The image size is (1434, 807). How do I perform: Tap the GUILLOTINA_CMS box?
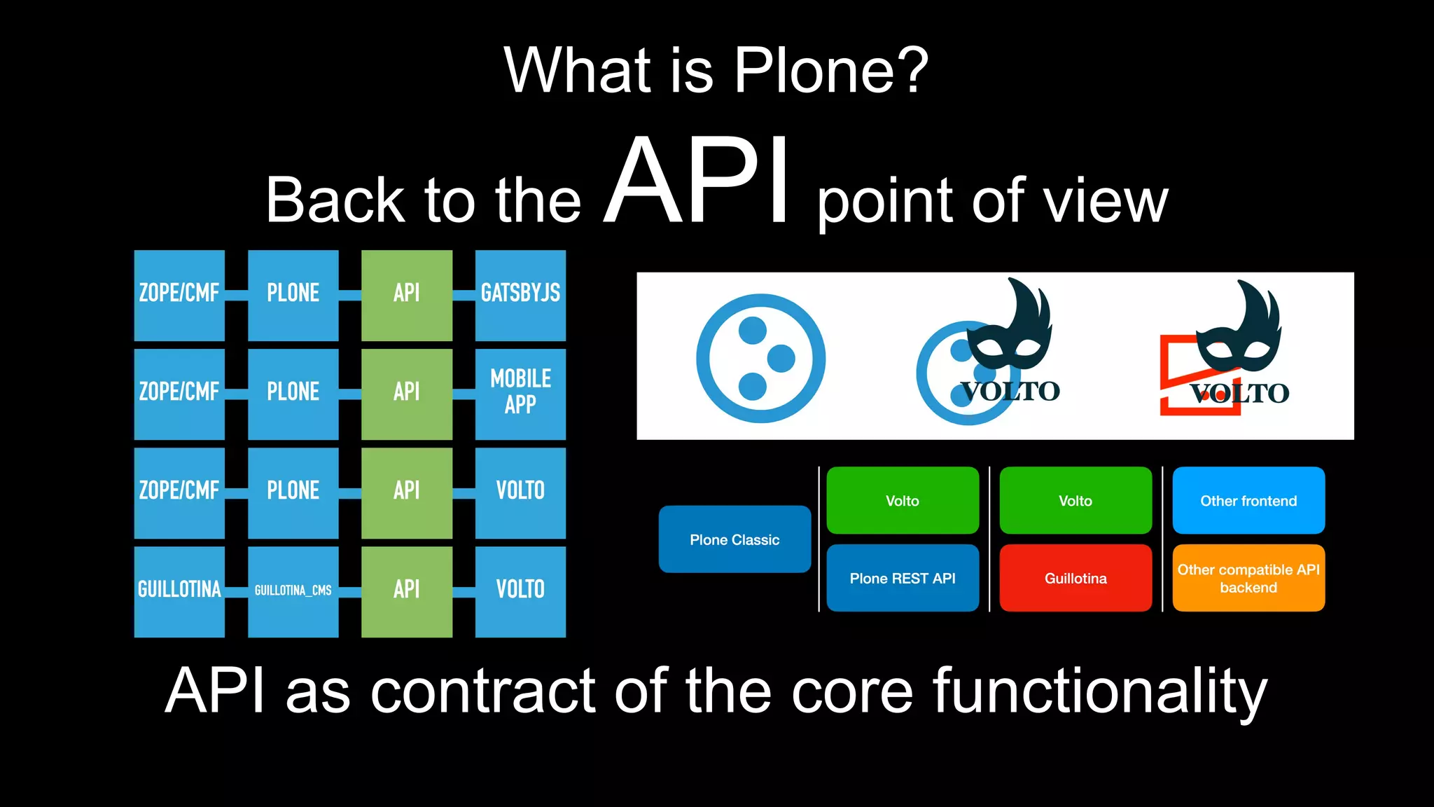tap(293, 591)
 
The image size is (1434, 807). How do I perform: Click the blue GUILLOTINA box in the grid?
tap(179, 591)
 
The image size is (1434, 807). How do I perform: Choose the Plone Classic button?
tap(735, 539)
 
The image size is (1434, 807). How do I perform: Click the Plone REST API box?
tap(903, 578)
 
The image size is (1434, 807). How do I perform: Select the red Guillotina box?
tap(1075, 578)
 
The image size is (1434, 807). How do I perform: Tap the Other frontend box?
tap(1248, 500)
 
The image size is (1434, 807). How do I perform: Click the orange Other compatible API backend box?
tap(1248, 578)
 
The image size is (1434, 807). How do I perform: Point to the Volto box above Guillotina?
tap(1075, 500)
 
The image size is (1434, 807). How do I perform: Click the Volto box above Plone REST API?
tap(903, 500)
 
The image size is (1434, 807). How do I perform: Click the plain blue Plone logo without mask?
tap(760, 358)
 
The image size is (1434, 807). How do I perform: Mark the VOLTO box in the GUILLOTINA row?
tap(520, 591)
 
